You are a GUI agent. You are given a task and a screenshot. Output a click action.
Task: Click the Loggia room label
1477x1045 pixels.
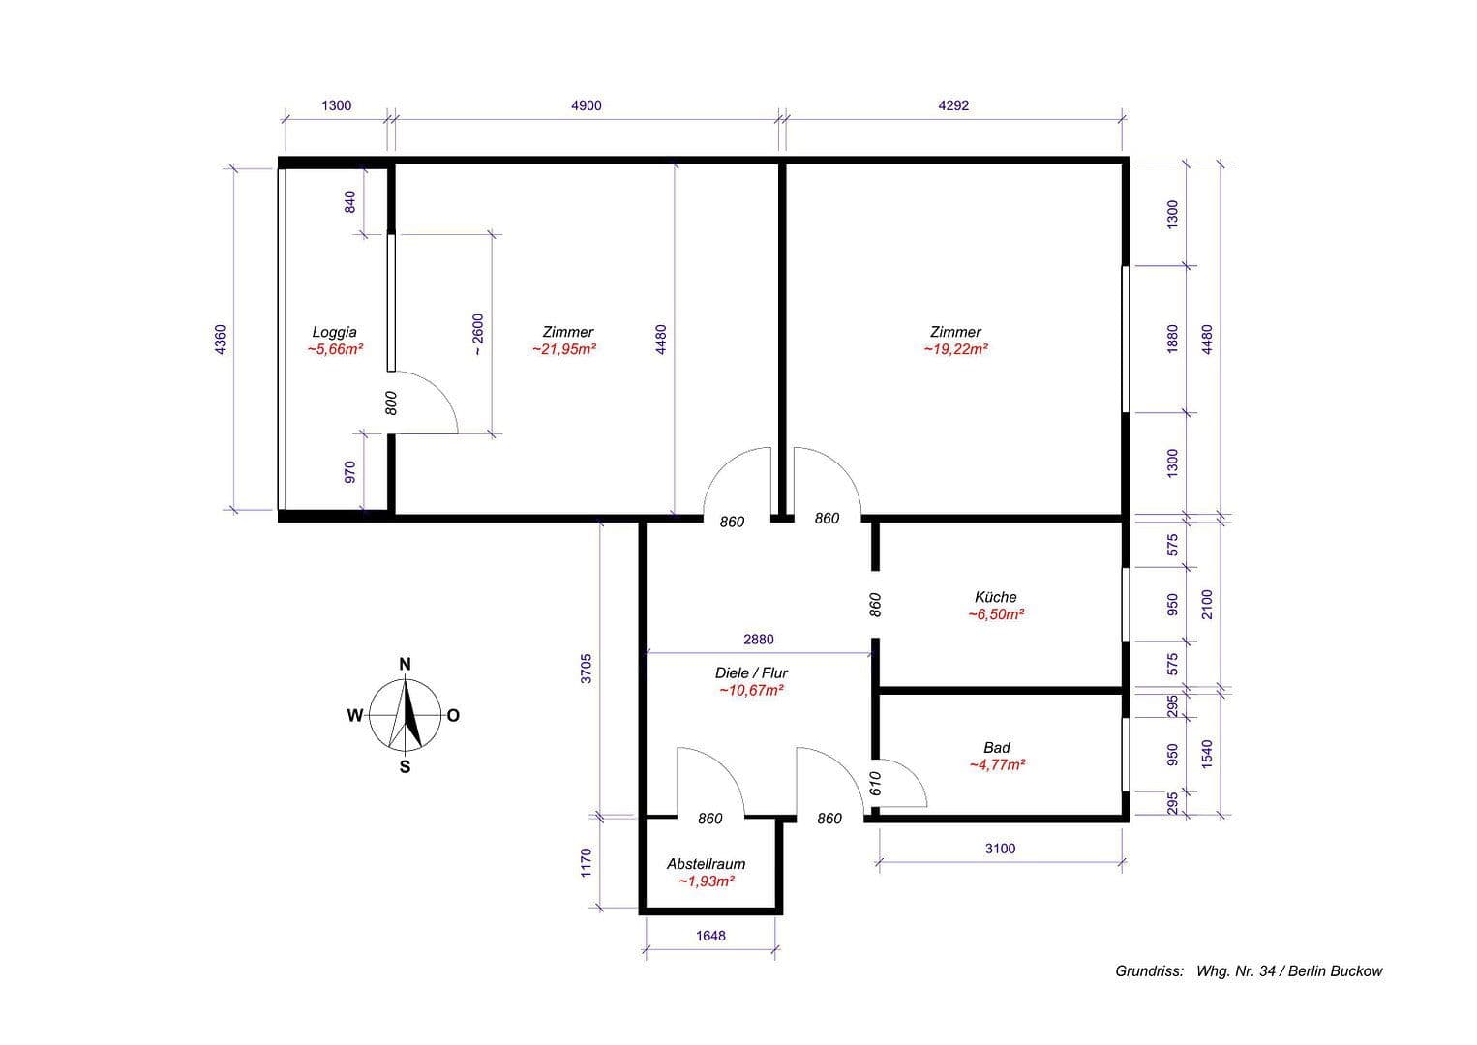point(334,332)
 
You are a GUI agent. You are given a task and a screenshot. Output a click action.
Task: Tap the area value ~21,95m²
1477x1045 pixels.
point(563,349)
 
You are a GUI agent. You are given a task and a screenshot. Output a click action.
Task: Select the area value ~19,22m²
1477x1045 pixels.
point(955,349)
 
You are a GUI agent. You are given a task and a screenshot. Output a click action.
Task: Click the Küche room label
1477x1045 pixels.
point(996,597)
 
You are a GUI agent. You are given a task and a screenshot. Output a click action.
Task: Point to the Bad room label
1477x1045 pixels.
point(996,747)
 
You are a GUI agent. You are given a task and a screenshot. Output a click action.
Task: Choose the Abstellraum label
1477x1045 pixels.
point(706,864)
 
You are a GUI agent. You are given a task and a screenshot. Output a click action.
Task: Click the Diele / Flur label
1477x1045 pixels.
point(751,672)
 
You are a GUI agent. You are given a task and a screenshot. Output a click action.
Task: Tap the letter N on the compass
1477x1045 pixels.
point(406,664)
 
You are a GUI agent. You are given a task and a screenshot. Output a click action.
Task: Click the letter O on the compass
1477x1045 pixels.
point(454,716)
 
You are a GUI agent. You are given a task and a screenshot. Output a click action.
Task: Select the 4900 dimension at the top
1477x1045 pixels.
point(586,105)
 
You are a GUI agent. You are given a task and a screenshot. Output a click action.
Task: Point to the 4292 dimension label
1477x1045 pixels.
point(953,105)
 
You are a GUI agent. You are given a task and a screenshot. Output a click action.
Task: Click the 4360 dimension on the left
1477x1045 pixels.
point(221,340)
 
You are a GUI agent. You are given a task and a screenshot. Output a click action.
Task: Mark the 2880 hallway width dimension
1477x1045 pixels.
point(758,640)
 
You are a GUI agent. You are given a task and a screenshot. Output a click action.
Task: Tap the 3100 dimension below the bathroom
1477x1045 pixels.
point(1000,849)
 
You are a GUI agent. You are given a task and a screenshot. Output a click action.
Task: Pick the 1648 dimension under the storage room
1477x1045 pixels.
point(709,936)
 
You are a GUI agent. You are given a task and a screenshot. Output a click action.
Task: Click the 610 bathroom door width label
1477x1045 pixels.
point(876,783)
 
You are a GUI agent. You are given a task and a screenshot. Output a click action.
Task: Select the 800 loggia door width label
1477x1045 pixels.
point(391,403)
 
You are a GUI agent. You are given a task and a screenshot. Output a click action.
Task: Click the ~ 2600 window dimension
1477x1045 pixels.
point(477,334)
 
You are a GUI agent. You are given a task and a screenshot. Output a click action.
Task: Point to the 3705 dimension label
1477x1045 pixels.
point(586,669)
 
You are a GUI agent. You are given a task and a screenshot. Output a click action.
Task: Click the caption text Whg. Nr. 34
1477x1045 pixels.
point(1238,971)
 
